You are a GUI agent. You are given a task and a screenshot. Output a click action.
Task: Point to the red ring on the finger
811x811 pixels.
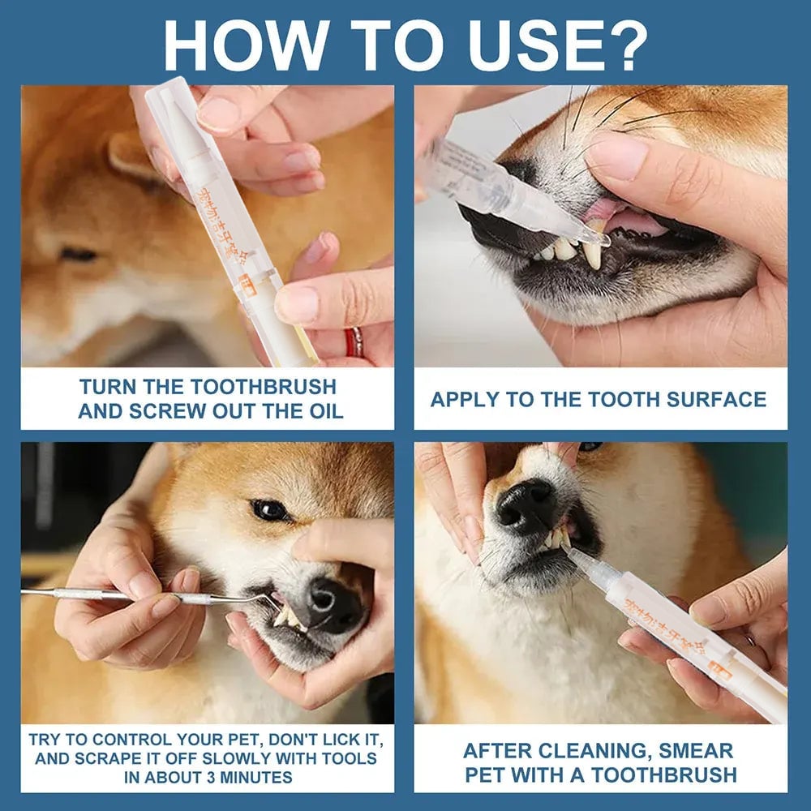click(354, 342)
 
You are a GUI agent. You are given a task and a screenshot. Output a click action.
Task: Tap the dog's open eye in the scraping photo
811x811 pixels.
click(269, 509)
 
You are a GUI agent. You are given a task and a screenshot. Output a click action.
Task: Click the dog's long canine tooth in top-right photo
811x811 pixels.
click(592, 253)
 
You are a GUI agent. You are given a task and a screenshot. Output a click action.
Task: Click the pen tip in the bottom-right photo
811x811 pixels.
click(572, 553)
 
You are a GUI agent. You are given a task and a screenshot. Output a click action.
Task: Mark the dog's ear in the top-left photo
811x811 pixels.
click(130, 154)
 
